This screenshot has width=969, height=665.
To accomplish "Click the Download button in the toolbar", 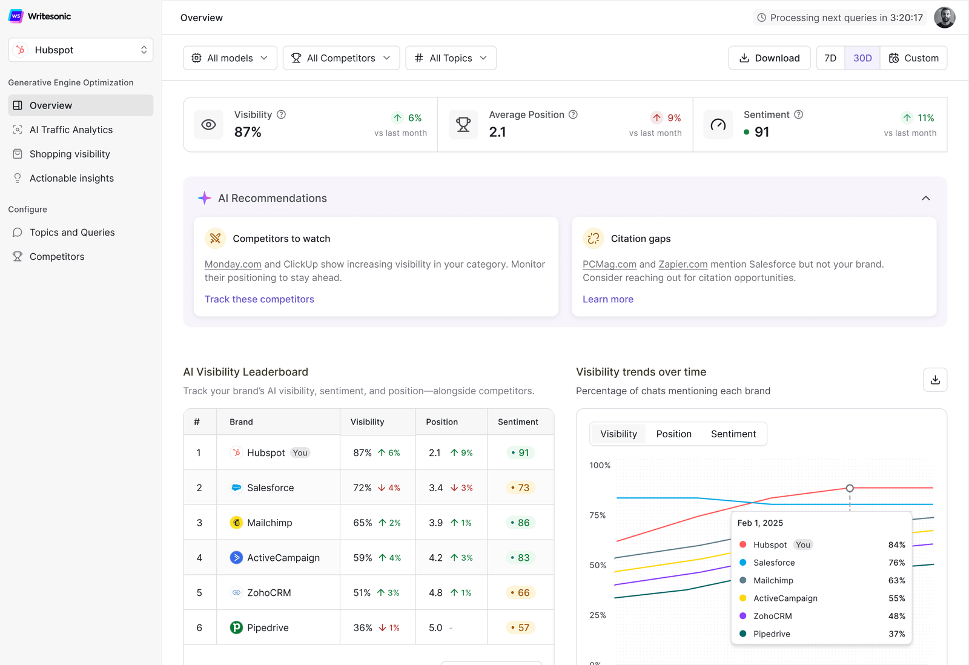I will (769, 58).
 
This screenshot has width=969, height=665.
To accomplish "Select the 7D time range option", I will (830, 58).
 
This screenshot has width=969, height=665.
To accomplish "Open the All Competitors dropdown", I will (341, 58).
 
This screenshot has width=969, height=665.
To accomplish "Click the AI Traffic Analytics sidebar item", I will (71, 130).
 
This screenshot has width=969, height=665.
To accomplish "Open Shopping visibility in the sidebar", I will (70, 154).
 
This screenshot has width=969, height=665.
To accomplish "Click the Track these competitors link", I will (259, 299).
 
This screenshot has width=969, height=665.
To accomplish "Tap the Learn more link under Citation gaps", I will (607, 299).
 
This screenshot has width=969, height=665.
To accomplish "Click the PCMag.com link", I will (609, 264).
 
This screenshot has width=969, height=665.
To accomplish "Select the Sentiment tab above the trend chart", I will (733, 434).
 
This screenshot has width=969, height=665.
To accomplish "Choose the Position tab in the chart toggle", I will (673, 434).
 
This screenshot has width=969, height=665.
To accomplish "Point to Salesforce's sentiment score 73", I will (520, 488).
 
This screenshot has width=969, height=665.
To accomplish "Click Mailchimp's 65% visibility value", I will (363, 523).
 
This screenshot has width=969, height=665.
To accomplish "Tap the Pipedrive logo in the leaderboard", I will (236, 627).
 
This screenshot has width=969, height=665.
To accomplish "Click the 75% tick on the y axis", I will (597, 515).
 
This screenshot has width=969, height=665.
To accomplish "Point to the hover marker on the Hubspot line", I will (850, 488).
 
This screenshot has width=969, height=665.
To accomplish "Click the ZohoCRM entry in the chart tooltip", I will (772, 616).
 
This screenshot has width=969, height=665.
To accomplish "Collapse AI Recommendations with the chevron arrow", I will (925, 198).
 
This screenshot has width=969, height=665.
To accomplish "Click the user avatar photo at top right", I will (944, 18).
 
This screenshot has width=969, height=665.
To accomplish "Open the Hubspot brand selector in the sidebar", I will (81, 50).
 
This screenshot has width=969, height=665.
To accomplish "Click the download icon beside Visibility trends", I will (935, 380).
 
